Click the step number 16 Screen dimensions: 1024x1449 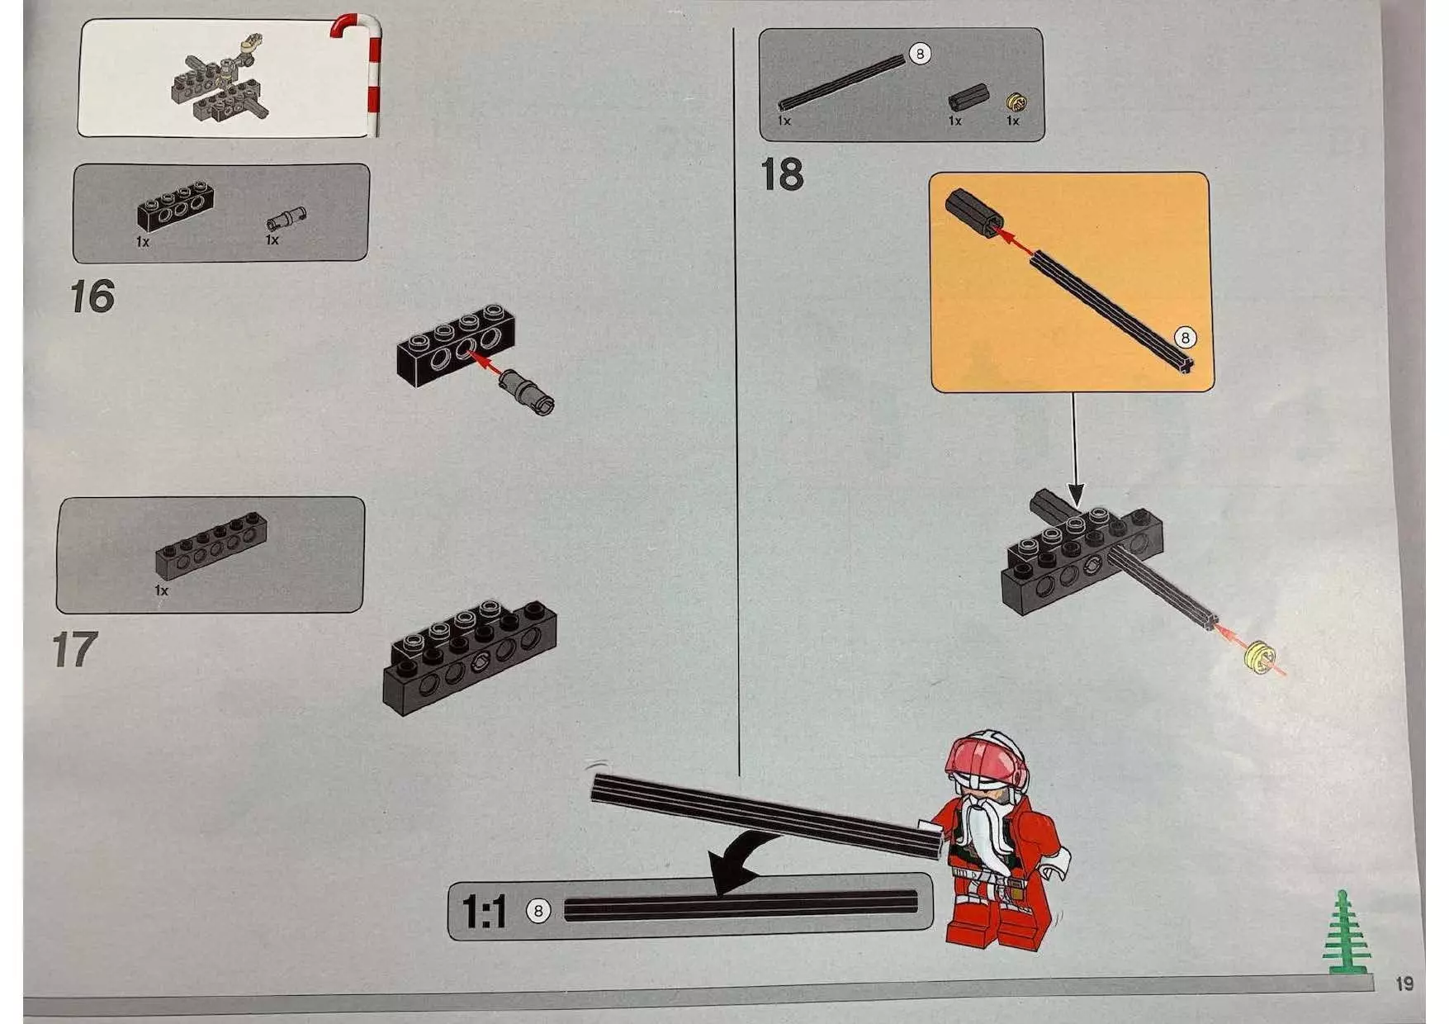tap(92, 296)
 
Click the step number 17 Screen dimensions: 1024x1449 tap(75, 650)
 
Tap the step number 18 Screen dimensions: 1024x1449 tap(781, 175)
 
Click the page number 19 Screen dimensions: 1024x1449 tap(1404, 984)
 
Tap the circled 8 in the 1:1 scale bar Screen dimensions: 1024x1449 tap(538, 911)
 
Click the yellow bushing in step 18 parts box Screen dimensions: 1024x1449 tap(1016, 102)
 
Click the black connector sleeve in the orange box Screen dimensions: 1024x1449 tap(974, 213)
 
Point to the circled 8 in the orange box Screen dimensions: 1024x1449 tap(1185, 338)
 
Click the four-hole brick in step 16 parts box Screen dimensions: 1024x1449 tap(175, 206)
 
